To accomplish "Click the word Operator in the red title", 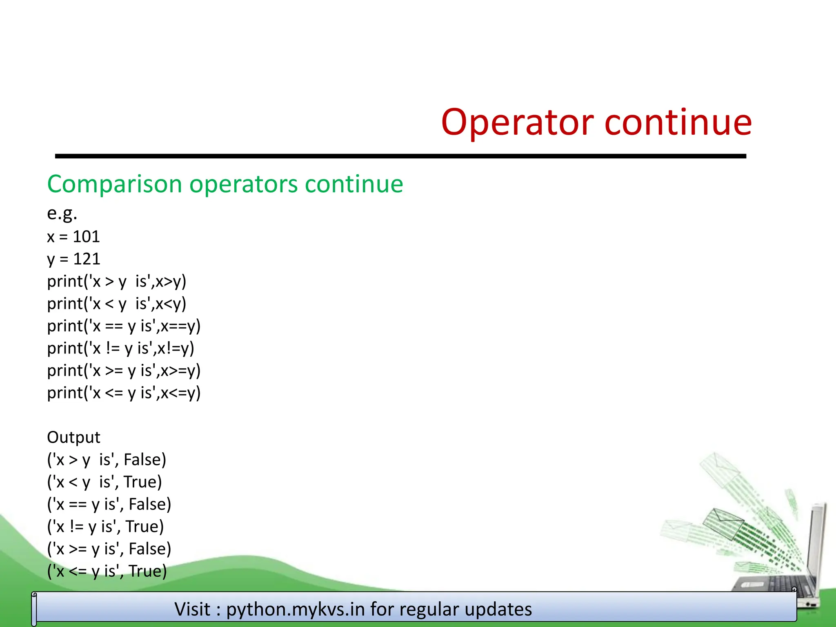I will click(517, 122).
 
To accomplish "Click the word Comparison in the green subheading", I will click(114, 185).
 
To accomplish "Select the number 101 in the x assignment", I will click(86, 237).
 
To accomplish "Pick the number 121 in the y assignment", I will click(87, 259).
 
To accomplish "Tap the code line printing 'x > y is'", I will click(116, 282).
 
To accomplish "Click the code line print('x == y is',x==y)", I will click(124, 326).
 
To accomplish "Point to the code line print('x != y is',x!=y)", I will click(120, 349).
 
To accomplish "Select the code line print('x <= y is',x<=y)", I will click(124, 393).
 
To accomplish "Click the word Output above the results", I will click(73, 438).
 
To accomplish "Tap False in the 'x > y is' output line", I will click(145, 460).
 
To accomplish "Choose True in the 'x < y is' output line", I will click(142, 482).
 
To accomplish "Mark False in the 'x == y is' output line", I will click(149, 505).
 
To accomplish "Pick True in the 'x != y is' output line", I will click(144, 527).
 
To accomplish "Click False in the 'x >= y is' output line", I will click(149, 549).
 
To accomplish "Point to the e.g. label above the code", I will click(62, 213).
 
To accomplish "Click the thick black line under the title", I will click(400, 156).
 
